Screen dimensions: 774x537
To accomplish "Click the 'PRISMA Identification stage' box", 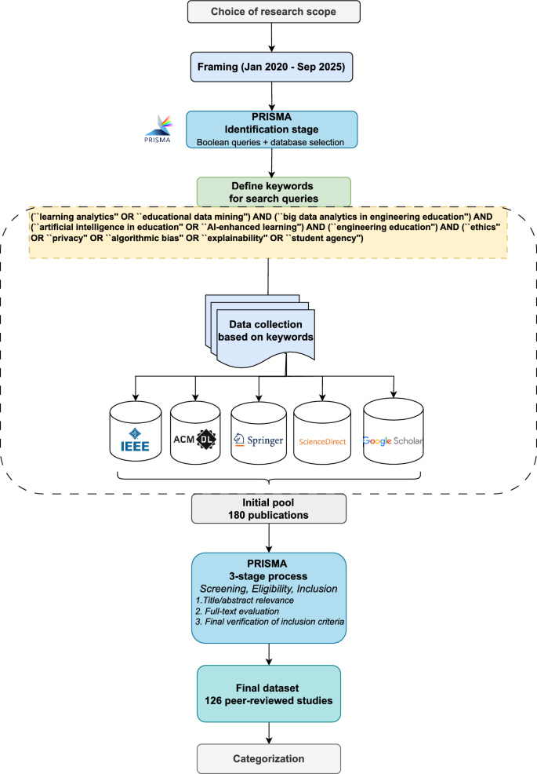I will tap(271, 129).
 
